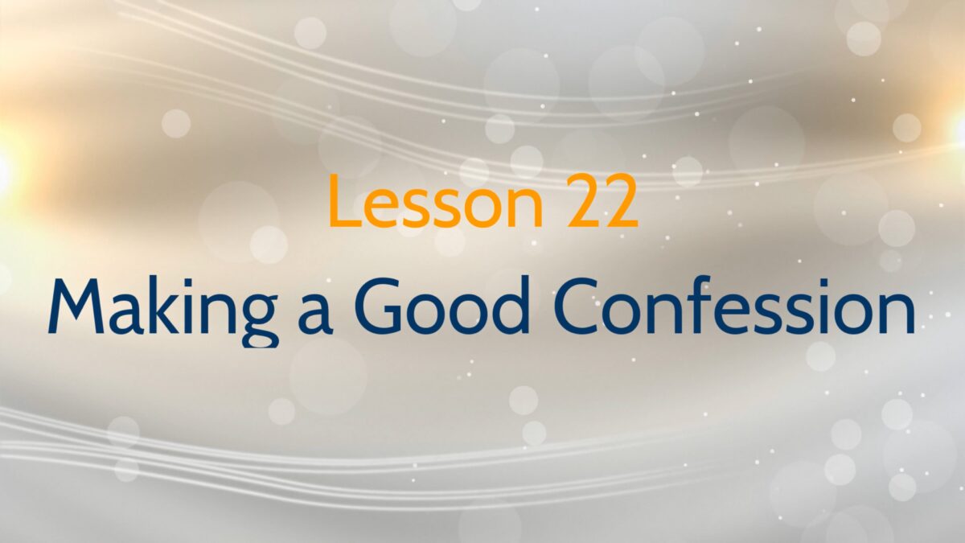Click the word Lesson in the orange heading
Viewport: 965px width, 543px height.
435,201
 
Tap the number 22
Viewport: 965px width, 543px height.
602,201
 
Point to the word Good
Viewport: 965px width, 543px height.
441,306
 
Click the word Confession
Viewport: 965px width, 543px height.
734,306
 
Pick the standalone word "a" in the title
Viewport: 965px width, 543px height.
315,314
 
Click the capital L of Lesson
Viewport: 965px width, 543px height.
342,201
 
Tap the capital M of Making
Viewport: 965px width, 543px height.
76,306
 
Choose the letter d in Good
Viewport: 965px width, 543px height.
511,306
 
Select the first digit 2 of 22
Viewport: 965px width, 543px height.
583,201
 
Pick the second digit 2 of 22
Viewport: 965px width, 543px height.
621,201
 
